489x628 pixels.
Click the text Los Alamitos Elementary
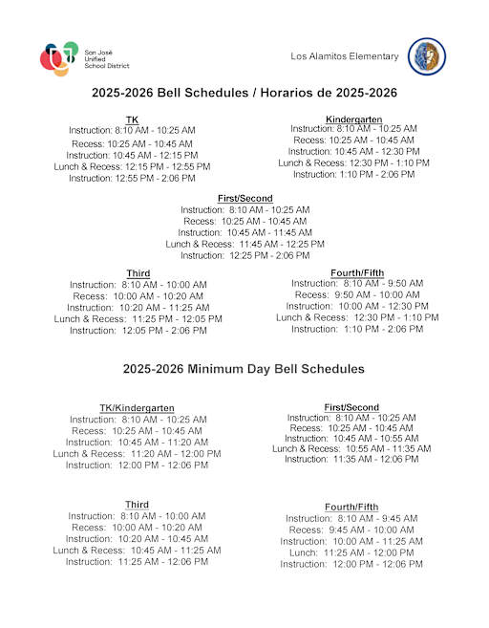click(x=345, y=56)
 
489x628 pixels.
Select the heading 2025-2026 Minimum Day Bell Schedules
click(x=244, y=368)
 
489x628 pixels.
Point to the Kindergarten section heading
click(x=353, y=119)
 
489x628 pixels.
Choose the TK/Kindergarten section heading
click(x=137, y=408)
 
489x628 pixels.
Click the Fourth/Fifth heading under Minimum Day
click(x=351, y=507)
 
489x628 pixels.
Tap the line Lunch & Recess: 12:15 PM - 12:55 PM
click(x=132, y=166)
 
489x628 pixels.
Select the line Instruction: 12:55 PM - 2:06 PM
click(x=132, y=178)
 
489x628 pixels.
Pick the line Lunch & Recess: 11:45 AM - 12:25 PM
click(x=244, y=244)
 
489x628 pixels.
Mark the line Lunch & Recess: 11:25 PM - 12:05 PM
click(x=138, y=318)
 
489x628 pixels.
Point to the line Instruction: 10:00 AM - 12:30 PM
click(x=352, y=306)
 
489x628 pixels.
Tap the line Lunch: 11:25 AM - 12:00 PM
click(x=351, y=552)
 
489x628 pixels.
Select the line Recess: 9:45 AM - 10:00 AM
click(x=351, y=530)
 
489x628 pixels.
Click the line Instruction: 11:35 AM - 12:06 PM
click(x=351, y=459)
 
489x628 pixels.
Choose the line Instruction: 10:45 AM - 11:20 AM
click(x=137, y=443)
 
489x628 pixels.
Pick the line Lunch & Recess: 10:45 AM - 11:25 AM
click(x=137, y=551)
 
